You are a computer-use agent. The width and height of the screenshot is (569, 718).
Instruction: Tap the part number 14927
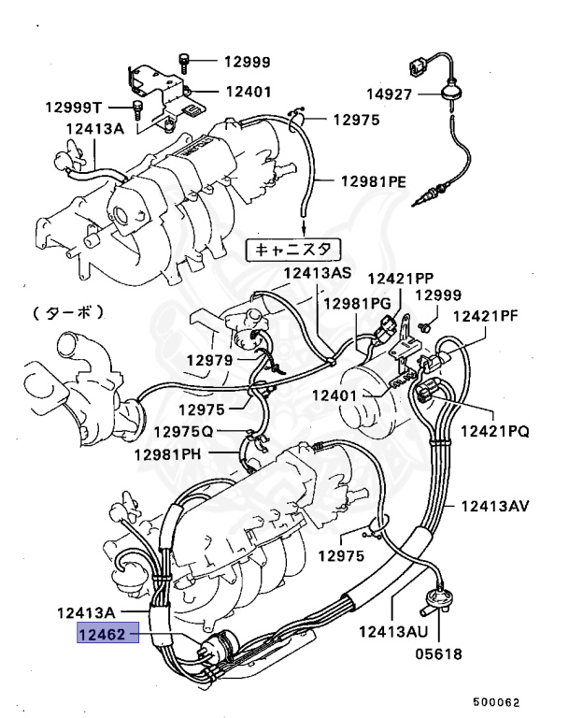389,93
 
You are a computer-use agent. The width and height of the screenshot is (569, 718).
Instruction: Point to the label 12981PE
373,180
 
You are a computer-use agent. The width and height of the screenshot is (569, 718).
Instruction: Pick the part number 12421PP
400,279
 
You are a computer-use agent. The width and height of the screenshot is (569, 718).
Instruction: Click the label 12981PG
357,305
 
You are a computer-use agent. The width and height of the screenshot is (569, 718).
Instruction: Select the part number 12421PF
485,317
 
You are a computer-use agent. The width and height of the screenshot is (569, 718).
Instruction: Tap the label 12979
208,360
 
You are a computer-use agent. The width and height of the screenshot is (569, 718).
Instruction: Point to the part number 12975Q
184,432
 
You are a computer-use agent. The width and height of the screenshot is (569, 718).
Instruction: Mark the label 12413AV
494,507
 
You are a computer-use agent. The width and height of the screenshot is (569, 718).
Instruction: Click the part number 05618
438,653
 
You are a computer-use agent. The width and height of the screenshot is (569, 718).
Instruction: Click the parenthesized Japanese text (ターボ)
66,310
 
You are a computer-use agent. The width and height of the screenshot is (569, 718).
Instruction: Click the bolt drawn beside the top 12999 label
186,62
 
